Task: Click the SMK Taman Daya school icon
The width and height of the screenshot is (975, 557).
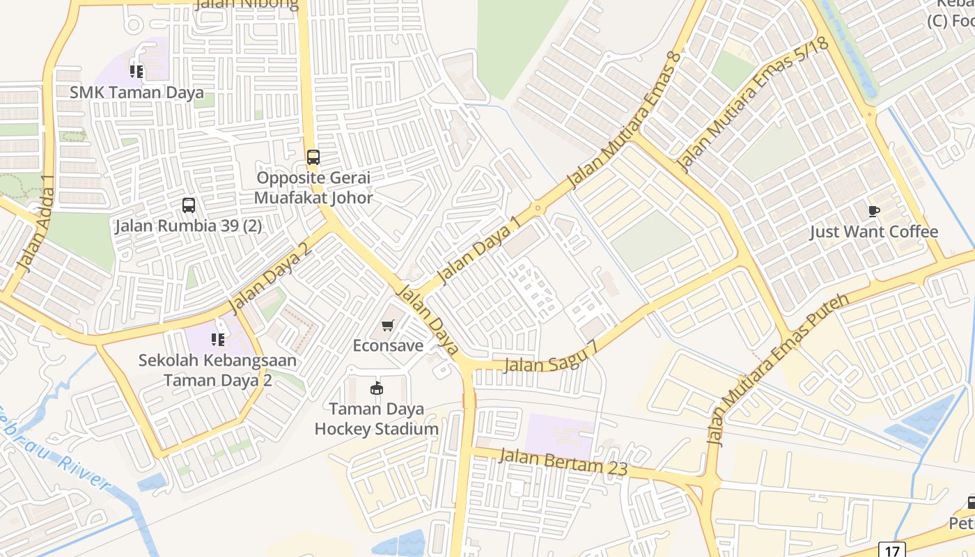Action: click(136, 71)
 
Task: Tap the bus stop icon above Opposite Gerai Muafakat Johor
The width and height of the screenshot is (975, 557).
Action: click(313, 157)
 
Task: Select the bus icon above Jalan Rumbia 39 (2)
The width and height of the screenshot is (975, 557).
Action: click(189, 205)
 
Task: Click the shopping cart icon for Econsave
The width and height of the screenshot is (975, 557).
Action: click(388, 325)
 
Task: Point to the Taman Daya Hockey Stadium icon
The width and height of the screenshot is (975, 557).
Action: click(376, 388)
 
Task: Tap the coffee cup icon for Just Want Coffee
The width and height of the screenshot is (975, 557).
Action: click(873, 211)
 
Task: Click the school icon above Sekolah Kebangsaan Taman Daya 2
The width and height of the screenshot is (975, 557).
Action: click(217, 340)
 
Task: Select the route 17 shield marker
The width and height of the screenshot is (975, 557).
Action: click(891, 550)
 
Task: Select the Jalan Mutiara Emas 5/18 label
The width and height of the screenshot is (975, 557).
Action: click(752, 104)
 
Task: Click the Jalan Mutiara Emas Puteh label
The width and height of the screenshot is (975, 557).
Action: click(778, 369)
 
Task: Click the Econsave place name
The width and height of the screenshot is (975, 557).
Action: click(388, 345)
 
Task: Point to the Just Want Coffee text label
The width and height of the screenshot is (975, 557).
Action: click(873, 232)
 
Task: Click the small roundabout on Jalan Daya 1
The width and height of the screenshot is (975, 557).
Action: click(538, 207)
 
